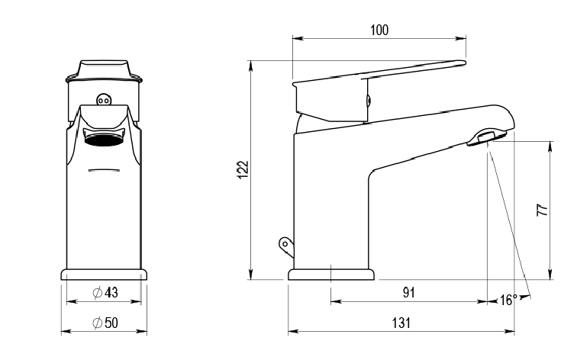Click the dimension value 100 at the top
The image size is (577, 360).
(379, 30)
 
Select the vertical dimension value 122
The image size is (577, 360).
(243, 169)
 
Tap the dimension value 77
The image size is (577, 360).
(542, 211)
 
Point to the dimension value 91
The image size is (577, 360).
(408, 292)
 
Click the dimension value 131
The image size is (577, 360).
(402, 323)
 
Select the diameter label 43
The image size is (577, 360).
(110, 293)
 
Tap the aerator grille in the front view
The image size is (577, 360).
(104, 139)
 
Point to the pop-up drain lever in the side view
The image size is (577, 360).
(285, 244)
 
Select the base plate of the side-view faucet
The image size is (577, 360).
(331, 274)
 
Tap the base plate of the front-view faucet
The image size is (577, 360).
(104, 274)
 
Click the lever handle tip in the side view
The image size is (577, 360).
(460, 63)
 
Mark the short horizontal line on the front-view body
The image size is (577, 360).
(104, 169)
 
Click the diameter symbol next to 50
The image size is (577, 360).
(97, 323)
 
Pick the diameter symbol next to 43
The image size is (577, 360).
(97, 293)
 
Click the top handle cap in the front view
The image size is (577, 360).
(104, 69)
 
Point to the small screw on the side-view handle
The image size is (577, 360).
(368, 98)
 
